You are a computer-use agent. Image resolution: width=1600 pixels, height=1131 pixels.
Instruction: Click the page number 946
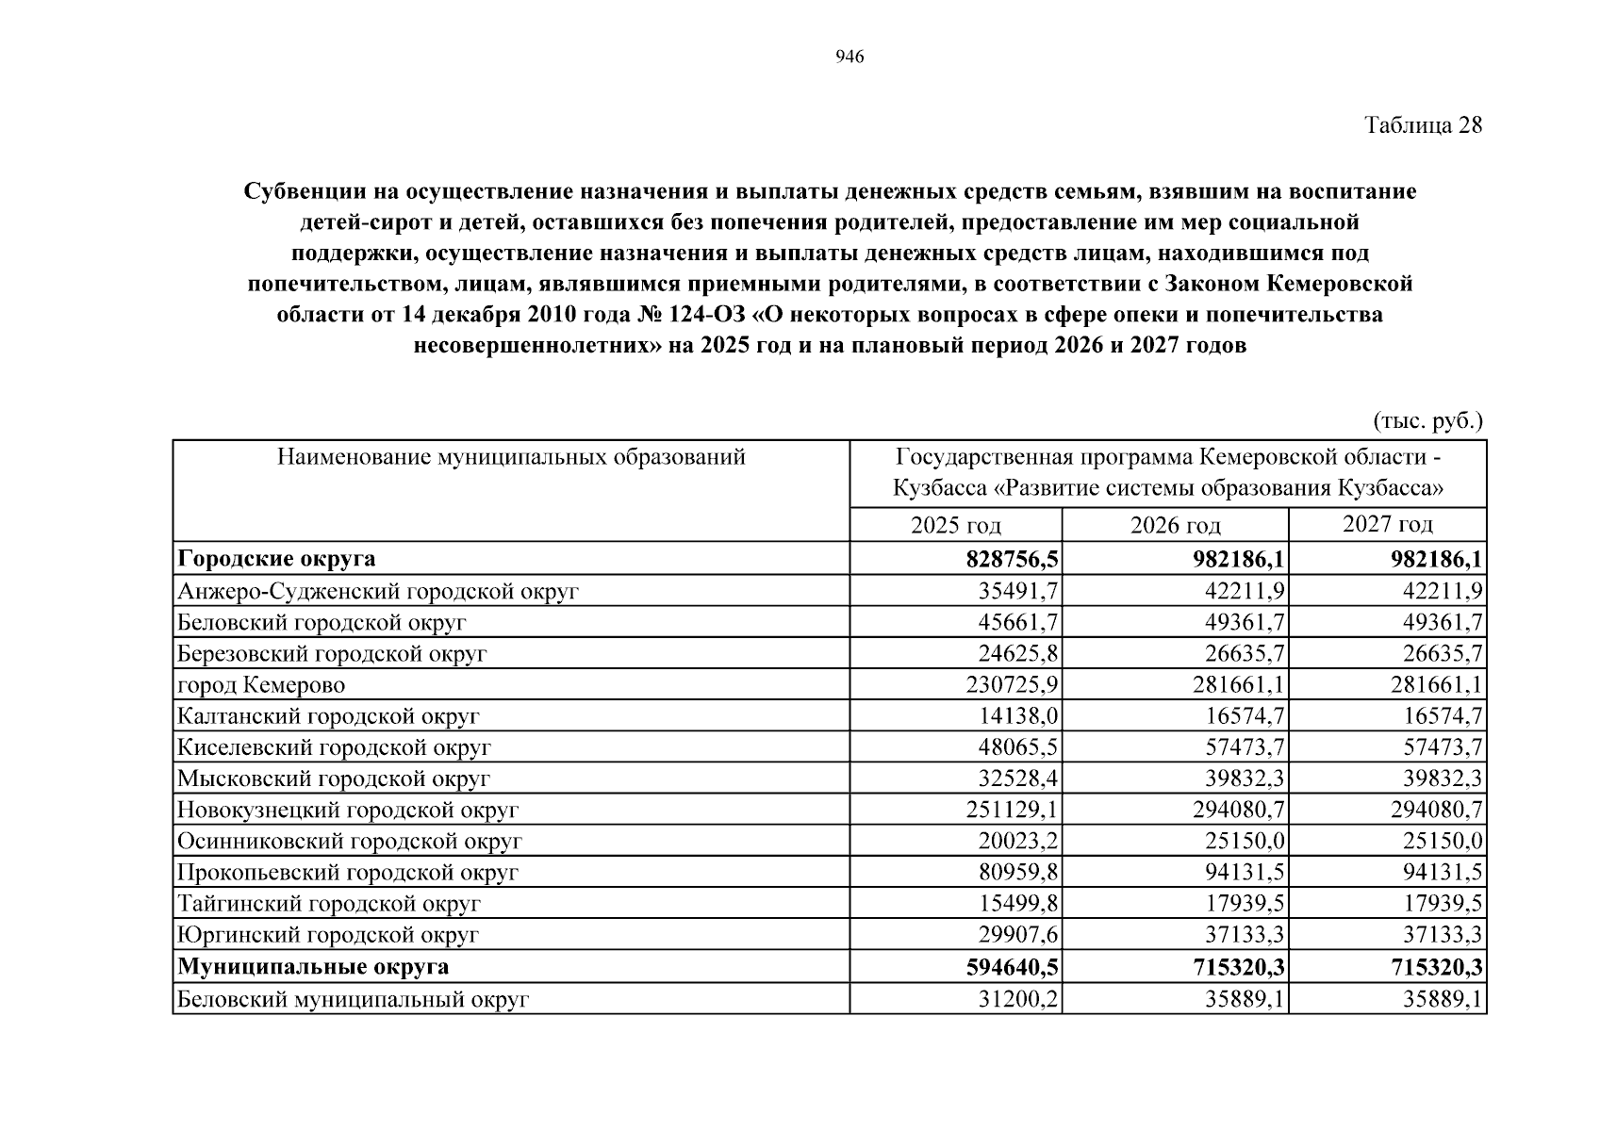pos(849,57)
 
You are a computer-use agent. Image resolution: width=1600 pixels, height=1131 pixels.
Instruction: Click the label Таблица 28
pos(1424,125)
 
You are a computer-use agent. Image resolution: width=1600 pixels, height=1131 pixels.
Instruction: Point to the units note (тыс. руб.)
pos(1427,421)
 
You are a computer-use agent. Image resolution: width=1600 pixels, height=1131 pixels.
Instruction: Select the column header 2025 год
pos(956,525)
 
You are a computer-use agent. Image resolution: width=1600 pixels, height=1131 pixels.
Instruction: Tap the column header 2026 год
pos(1175,525)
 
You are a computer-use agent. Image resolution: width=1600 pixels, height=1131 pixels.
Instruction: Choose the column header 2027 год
pos(1387,524)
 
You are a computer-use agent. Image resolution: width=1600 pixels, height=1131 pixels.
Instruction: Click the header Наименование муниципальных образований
pos(511,457)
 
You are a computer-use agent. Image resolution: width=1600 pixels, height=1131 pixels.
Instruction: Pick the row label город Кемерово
pos(261,685)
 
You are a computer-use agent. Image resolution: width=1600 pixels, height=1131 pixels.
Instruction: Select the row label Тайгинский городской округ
pos(329,904)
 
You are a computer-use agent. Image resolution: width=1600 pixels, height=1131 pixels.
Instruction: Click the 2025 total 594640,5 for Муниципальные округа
pos(1005,967)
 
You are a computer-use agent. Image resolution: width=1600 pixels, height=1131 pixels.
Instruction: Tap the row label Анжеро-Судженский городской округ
pos(378,592)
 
